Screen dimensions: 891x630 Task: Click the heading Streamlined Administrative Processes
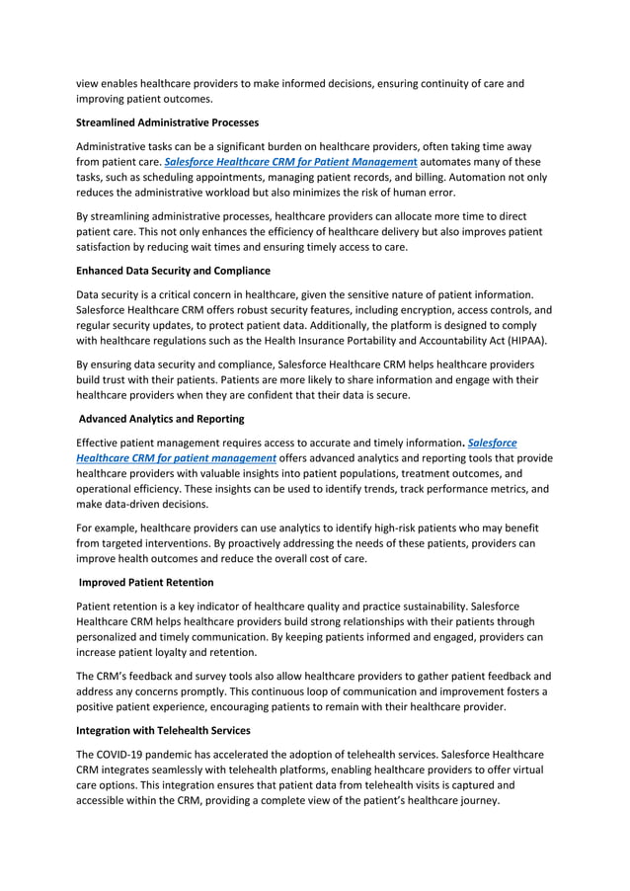[167, 122]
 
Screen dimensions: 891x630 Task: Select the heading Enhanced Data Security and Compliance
[173, 270]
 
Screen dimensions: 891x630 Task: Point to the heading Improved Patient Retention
[144, 581]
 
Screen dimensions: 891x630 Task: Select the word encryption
[406, 309]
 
